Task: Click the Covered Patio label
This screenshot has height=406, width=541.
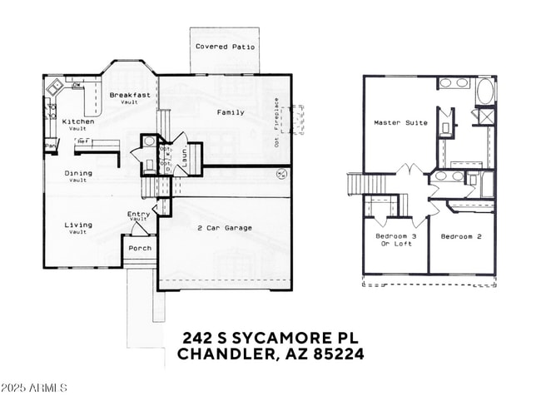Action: (x=225, y=47)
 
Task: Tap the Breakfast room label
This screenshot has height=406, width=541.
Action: (x=129, y=95)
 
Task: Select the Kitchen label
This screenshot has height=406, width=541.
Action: (x=78, y=121)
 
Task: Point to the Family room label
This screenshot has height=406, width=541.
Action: (x=231, y=112)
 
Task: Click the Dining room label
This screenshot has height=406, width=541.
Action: (x=78, y=173)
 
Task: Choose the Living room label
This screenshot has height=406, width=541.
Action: (x=78, y=225)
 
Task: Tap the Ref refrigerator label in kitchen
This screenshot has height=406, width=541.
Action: (x=82, y=141)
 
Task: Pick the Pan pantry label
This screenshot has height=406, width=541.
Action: (x=50, y=146)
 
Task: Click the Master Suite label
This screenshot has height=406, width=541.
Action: (x=400, y=122)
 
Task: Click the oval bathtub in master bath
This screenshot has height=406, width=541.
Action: (x=484, y=91)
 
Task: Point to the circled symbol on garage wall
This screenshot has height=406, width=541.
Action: (x=281, y=175)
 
